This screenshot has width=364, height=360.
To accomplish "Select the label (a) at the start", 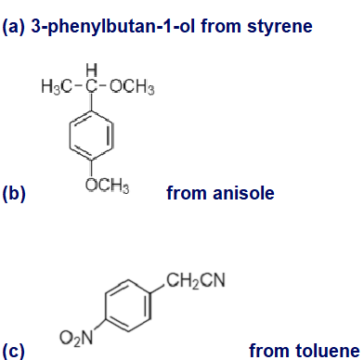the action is coord(14,27).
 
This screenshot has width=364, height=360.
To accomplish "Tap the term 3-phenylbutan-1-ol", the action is coord(113,27).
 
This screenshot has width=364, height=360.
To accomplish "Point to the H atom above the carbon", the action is coord(92,70).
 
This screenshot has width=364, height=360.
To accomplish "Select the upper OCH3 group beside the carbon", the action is coord(132,86).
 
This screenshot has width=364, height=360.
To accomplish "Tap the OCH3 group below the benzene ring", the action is coord(107,185).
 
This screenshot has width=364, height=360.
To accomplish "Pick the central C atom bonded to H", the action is coord(91,86).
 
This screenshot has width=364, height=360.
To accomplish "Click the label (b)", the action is coord(14,193).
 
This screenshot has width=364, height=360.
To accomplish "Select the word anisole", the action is coord(243,193).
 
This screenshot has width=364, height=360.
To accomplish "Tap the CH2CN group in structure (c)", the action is coord(196,280).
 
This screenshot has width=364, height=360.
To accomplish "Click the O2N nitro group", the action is coord(76,337).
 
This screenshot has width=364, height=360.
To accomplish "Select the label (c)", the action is coord(13,351).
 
